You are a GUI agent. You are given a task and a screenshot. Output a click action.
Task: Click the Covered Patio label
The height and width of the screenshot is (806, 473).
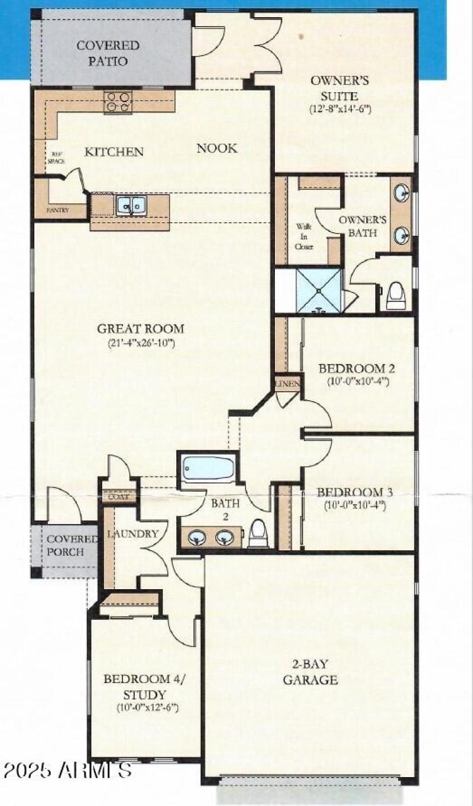pos(108,53)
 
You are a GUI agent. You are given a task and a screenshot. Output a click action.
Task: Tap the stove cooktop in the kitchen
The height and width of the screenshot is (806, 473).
pos(118,102)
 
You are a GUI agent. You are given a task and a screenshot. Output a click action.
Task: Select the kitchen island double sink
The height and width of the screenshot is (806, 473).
pos(131,205)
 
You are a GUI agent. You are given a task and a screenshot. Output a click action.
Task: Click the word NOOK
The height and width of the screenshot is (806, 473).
pos(217,148)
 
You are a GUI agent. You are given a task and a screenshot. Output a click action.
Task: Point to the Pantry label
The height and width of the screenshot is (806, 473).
pos(57,210)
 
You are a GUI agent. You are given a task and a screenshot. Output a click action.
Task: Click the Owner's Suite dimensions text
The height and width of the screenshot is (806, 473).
pos(339,109)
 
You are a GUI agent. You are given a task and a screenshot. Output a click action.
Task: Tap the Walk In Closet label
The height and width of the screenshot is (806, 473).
pos(304,236)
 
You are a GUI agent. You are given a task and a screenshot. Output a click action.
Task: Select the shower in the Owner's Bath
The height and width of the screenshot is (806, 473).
pos(319,290)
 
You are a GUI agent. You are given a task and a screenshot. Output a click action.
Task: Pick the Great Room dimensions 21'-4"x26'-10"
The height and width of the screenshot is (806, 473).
pos(141,343)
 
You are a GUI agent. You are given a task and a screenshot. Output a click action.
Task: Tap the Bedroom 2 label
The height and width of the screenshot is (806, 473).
pos(357,369)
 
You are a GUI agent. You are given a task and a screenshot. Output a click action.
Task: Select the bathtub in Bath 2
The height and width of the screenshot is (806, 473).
pos(208,468)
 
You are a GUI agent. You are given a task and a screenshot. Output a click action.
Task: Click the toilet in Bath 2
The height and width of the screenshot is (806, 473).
pos(258,533)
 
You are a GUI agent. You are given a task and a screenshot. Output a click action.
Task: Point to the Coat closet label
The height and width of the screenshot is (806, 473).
pos(119,498)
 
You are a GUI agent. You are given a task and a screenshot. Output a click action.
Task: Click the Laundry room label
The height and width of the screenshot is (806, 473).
pos(132,534)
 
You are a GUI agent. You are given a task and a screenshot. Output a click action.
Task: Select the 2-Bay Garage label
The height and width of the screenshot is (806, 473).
pos(310,672)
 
